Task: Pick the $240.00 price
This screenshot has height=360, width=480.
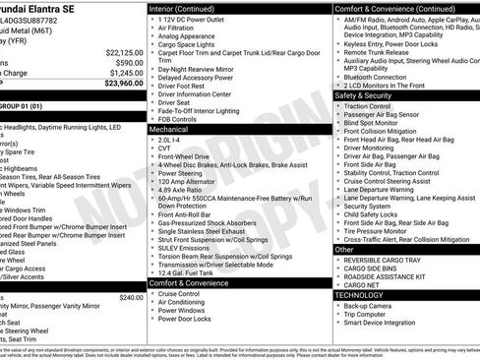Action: point(131,296)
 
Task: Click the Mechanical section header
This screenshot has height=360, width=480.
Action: point(168,129)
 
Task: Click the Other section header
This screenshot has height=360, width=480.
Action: point(345,250)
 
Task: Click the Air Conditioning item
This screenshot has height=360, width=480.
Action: point(187,302)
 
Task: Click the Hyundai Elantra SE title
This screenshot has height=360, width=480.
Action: point(44,7)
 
